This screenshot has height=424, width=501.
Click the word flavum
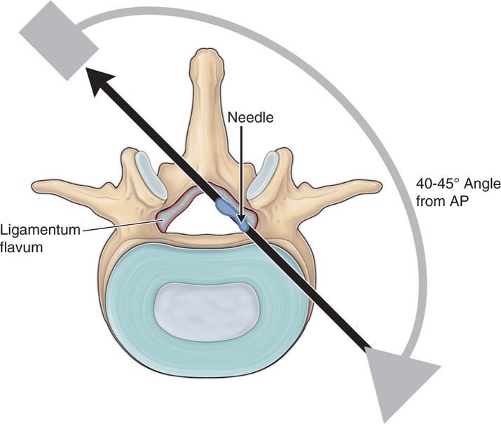(21, 245)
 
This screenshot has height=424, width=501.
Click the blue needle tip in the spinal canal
(243, 226)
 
